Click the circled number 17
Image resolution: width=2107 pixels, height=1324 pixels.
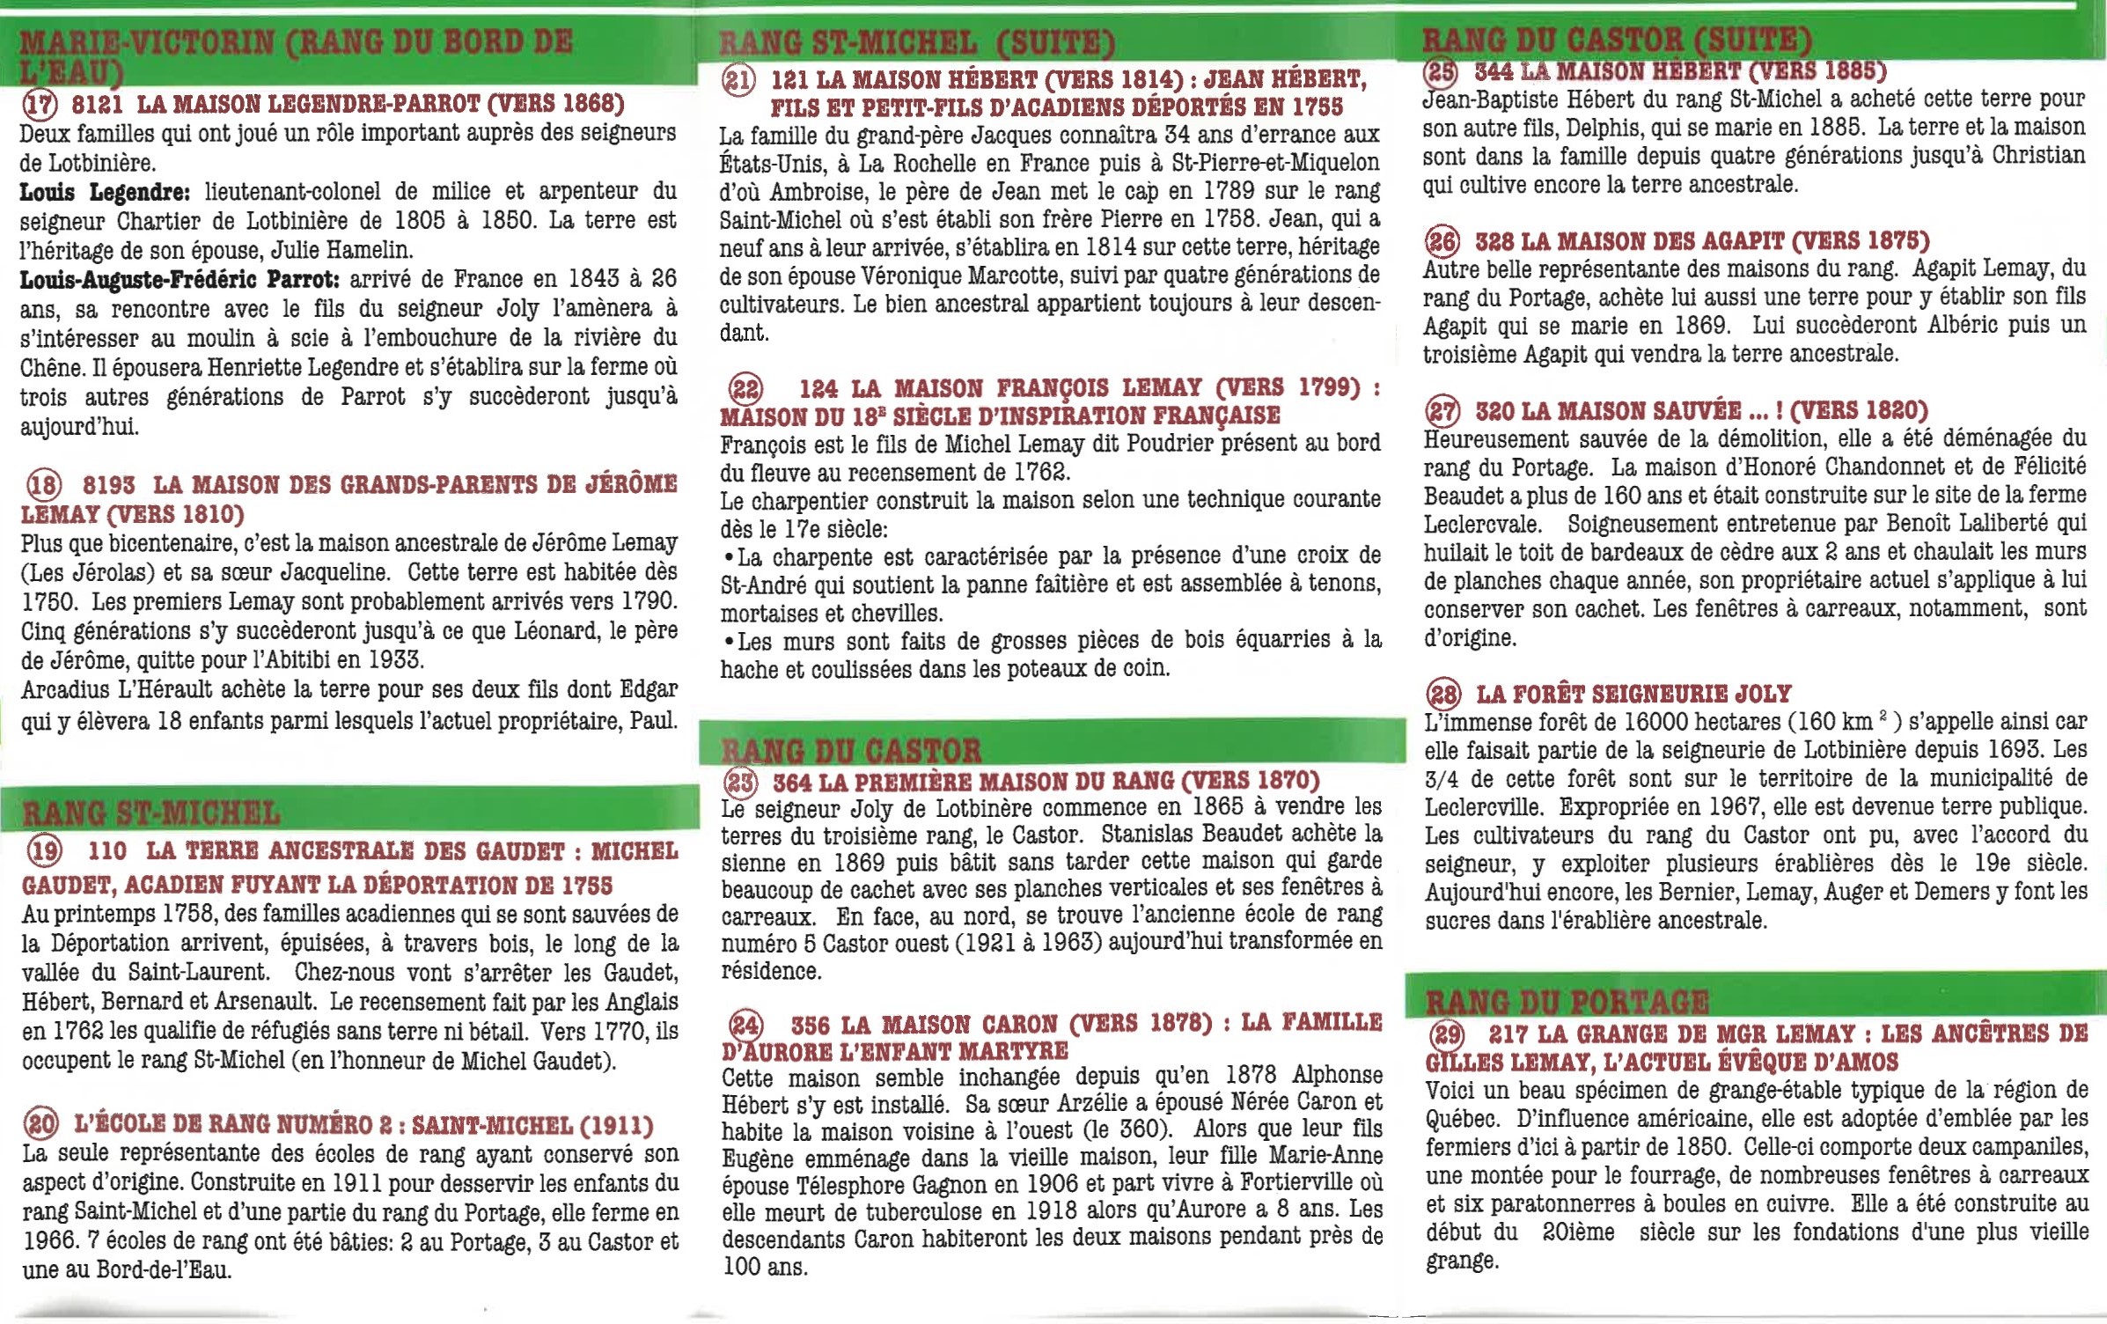[x=39, y=106]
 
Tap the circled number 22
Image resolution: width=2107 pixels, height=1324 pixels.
[x=745, y=388]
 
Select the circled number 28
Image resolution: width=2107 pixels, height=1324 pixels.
[x=1443, y=695]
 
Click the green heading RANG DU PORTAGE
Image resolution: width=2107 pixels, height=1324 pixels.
[x=1567, y=1002]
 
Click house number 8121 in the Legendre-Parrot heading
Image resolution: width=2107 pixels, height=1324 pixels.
[x=97, y=105]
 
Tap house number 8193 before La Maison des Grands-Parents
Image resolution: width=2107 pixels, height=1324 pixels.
[x=109, y=485]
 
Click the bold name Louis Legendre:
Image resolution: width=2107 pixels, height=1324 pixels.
[x=104, y=192]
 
